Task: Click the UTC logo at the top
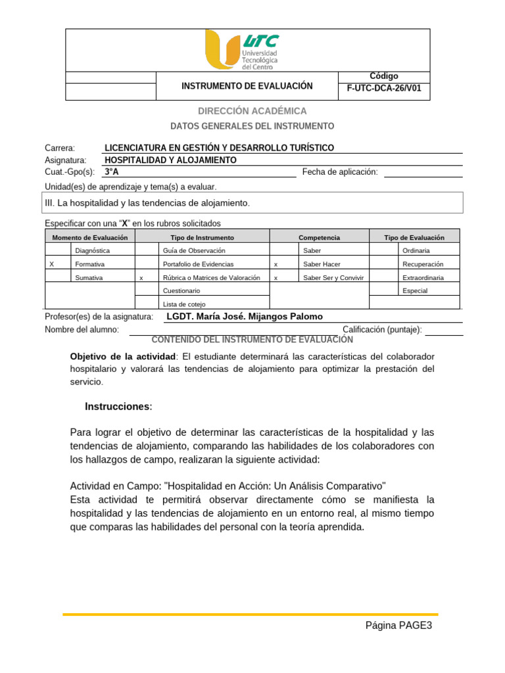click(241, 51)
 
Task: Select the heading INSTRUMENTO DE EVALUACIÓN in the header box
click(247, 86)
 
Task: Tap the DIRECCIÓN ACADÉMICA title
click(252, 111)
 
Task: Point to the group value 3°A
click(112, 172)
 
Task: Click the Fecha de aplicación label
click(340, 172)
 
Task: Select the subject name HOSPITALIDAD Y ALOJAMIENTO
click(171, 160)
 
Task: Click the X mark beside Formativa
click(52, 264)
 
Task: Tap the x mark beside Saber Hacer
click(276, 264)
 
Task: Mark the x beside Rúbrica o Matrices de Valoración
click(141, 278)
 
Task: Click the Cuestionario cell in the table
click(181, 290)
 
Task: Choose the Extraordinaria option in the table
click(423, 278)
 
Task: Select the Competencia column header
click(319, 237)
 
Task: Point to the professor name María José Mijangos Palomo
click(245, 317)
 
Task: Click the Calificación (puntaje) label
click(382, 329)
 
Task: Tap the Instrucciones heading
click(118, 407)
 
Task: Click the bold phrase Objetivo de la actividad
click(123, 356)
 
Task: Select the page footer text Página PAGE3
click(398, 626)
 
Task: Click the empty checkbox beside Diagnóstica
click(58, 250)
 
